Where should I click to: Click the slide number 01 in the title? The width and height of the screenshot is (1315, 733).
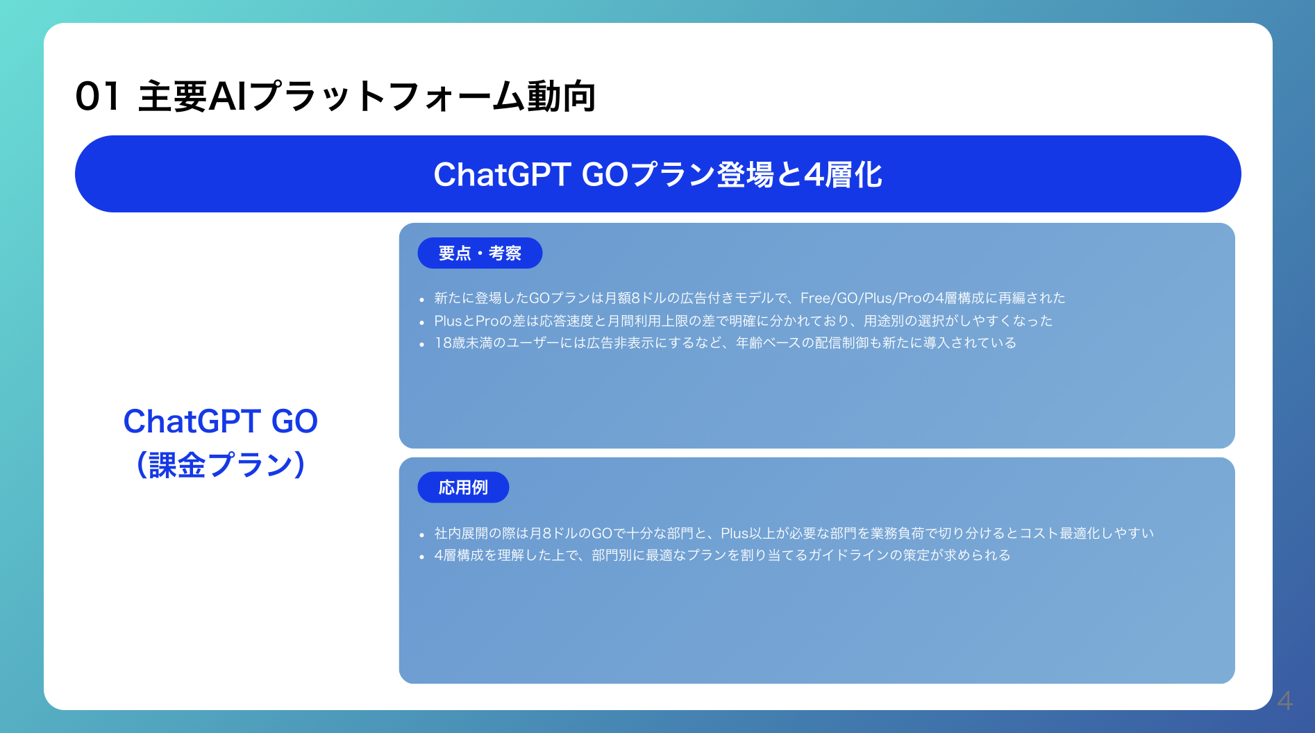(x=97, y=96)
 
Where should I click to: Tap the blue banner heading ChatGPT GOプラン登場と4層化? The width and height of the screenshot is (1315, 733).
(x=657, y=174)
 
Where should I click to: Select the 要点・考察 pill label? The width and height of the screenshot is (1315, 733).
(x=480, y=253)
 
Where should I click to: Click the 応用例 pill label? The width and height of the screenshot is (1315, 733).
(x=463, y=487)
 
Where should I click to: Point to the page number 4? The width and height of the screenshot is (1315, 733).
(x=1284, y=700)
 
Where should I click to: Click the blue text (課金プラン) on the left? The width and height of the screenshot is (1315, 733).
(x=221, y=464)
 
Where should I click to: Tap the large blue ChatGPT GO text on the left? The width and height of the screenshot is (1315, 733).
(x=221, y=421)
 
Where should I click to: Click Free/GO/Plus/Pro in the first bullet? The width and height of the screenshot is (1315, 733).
(x=861, y=298)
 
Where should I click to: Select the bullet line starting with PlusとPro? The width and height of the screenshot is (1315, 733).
(x=743, y=321)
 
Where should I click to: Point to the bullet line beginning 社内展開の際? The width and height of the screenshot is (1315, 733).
(x=794, y=533)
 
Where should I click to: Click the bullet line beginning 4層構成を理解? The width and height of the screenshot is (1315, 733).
(x=722, y=555)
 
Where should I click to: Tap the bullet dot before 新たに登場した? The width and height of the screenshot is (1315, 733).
(x=421, y=300)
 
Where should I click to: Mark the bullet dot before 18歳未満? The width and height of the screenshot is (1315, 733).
(x=421, y=344)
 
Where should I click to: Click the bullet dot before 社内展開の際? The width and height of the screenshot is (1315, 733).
(x=421, y=535)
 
